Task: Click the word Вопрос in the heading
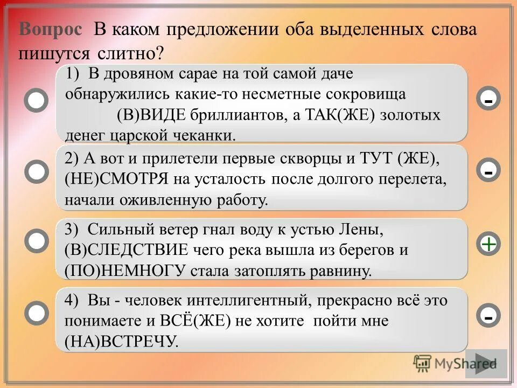pos(51,30)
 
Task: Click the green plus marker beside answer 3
pos(488,245)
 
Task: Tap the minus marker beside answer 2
pos(488,172)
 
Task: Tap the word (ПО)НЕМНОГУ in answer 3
pos(125,271)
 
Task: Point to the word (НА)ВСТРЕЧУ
pos(121,341)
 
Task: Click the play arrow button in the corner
pos(486,364)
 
